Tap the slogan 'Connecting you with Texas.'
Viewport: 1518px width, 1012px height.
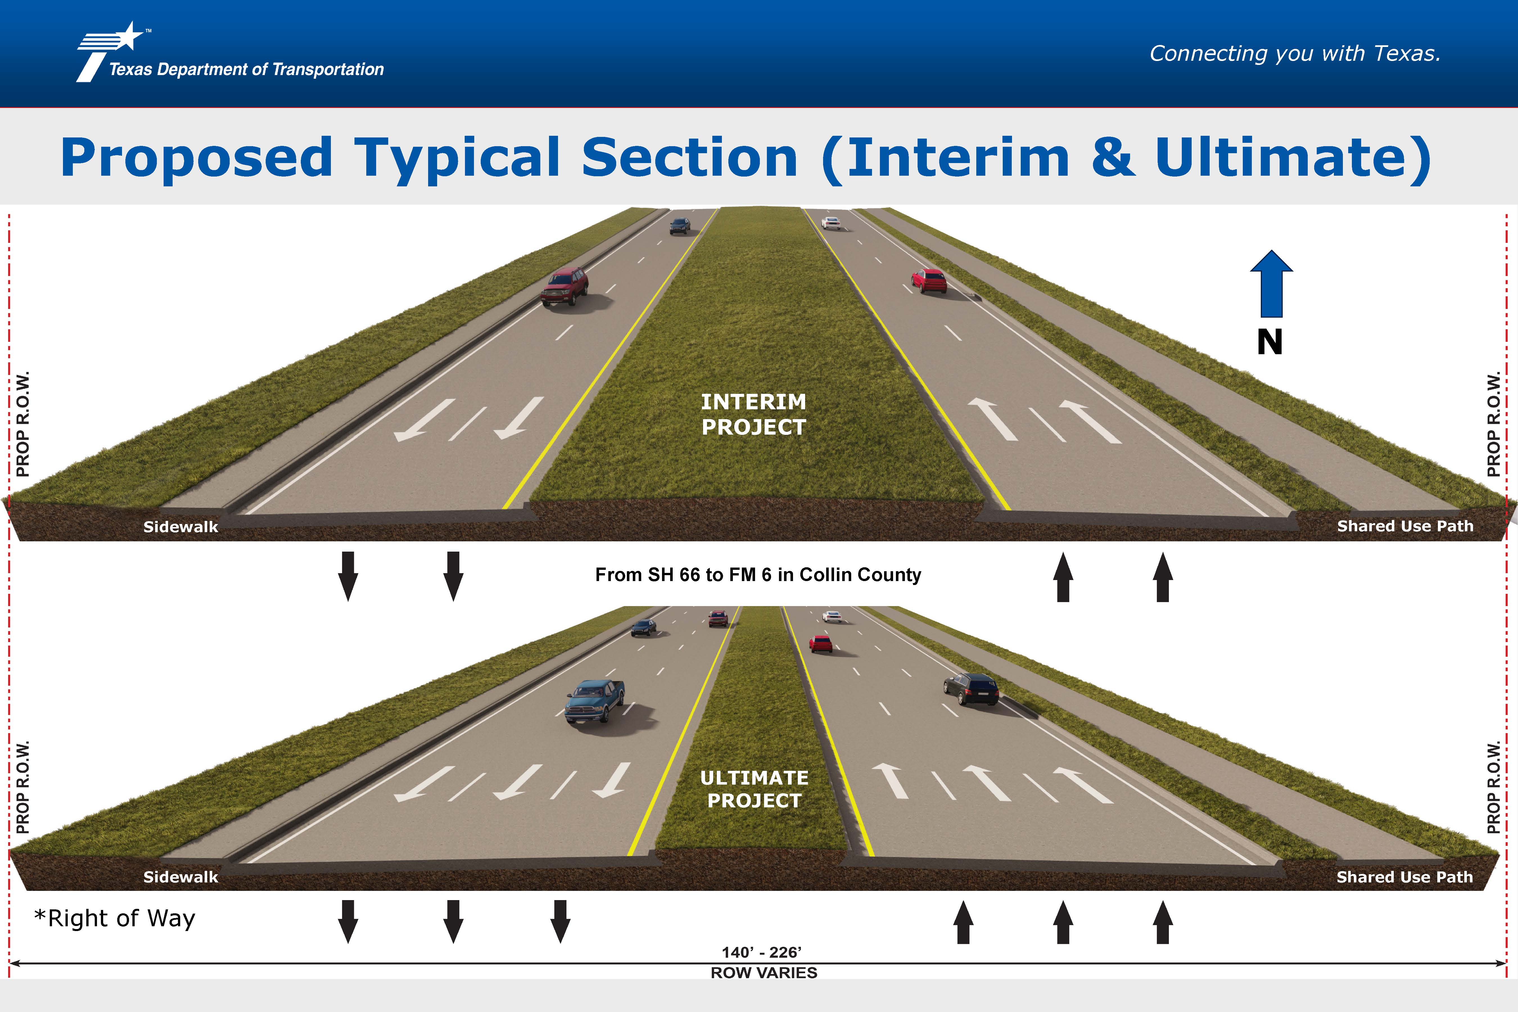point(1295,54)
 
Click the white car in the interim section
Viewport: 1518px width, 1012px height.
point(831,223)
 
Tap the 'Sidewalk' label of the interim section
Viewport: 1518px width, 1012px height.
point(181,527)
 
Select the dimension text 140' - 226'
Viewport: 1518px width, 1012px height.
point(762,952)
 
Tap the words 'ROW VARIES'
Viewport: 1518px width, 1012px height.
point(763,973)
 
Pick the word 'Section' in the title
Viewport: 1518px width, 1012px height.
point(689,158)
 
